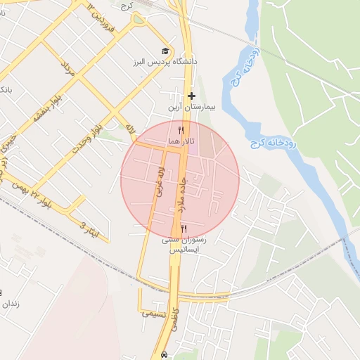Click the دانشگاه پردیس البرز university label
coord(162,63)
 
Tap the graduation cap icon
coord(165,51)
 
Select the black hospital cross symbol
coord(191,96)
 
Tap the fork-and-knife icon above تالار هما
coord(181,130)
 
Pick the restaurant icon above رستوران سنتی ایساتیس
coord(184,229)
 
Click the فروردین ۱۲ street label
coord(100,15)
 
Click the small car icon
coord(165,354)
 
